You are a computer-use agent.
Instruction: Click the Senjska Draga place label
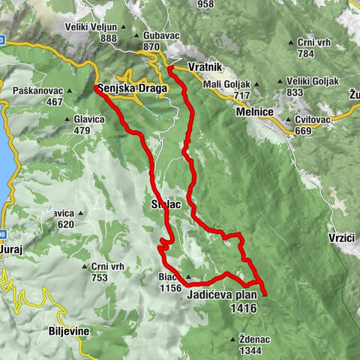coord(132,88)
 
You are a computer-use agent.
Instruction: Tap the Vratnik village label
coord(205,67)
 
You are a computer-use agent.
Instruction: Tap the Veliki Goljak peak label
coord(313,81)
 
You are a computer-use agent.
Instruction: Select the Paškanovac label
coord(37,91)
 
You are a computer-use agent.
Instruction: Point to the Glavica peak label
coord(94,118)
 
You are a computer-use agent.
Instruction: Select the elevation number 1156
coord(171,287)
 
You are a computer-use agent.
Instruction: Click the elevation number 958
coord(205,4)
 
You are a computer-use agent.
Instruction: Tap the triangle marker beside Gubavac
coord(137,36)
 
